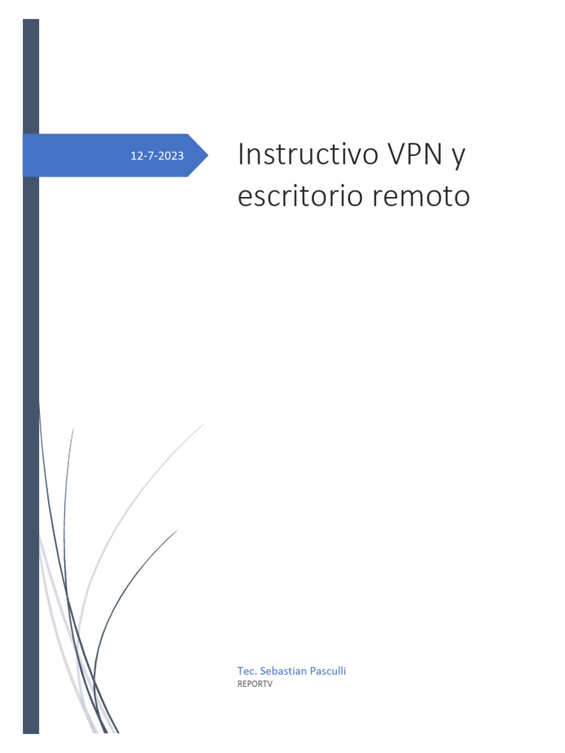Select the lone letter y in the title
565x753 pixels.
coord(459,158)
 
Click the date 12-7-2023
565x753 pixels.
coord(157,156)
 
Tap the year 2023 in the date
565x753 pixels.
coord(171,156)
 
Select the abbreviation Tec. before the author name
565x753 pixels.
coord(246,671)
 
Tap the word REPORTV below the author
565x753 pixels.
coord(255,683)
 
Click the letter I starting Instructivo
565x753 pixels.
coord(241,155)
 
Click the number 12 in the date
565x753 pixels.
coord(135,156)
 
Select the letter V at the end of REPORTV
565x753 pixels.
coord(269,683)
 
